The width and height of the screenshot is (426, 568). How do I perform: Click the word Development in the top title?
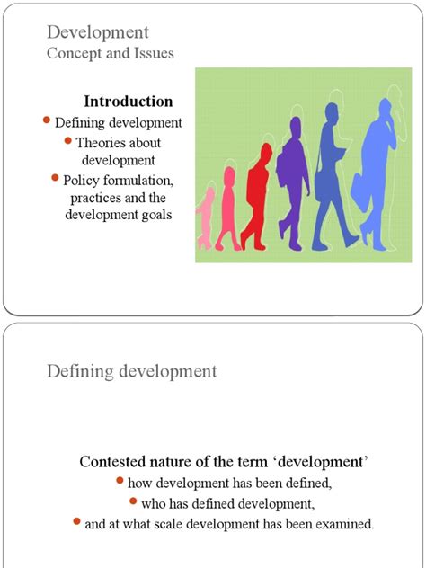coord(97,33)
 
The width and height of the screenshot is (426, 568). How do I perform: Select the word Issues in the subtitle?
coord(151,54)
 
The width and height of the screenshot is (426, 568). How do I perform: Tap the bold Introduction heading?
coord(128,102)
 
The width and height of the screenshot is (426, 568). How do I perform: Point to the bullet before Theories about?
coord(67,140)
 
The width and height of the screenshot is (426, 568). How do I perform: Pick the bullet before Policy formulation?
coord(56,179)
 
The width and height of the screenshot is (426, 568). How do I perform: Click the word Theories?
coord(102,142)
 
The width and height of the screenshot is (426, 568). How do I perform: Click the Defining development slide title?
coord(131,370)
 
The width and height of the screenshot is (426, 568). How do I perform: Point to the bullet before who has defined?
coord(133,501)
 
